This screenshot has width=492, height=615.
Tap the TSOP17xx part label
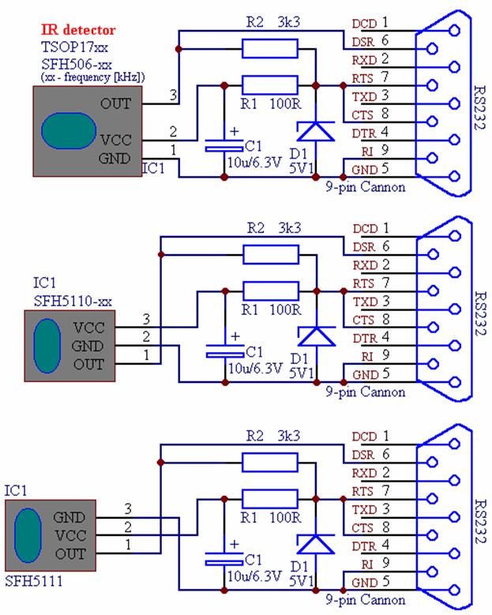tap(69, 47)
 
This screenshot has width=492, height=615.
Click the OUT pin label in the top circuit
tap(117, 103)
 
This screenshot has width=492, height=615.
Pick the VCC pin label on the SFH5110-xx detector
tap(88, 326)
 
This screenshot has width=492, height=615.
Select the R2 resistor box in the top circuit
tap(270, 50)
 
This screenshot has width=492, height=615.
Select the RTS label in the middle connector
tap(364, 283)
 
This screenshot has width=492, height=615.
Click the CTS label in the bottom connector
tap(364, 527)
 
